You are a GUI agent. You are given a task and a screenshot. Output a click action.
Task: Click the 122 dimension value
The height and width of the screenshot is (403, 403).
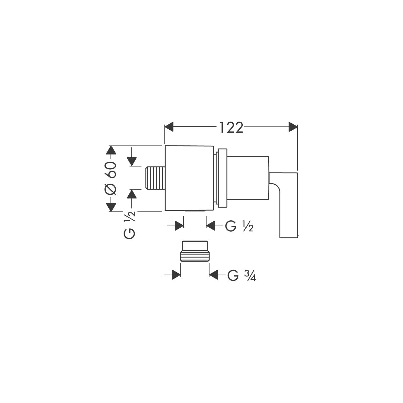231,127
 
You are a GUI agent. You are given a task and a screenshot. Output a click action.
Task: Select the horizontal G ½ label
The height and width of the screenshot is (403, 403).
239,226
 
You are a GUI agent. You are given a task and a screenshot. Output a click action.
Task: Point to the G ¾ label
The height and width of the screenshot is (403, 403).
241,276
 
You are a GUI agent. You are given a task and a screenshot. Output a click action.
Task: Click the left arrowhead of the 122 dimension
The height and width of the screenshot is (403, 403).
169,127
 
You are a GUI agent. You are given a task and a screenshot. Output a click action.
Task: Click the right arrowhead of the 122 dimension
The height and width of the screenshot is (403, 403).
293,127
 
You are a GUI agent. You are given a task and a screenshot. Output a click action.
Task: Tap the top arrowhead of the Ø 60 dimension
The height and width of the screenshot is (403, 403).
111,150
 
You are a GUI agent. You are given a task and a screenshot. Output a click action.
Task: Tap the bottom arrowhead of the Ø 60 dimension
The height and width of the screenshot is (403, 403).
111,207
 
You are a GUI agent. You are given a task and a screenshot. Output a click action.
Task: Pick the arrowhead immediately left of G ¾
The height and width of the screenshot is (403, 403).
213,275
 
